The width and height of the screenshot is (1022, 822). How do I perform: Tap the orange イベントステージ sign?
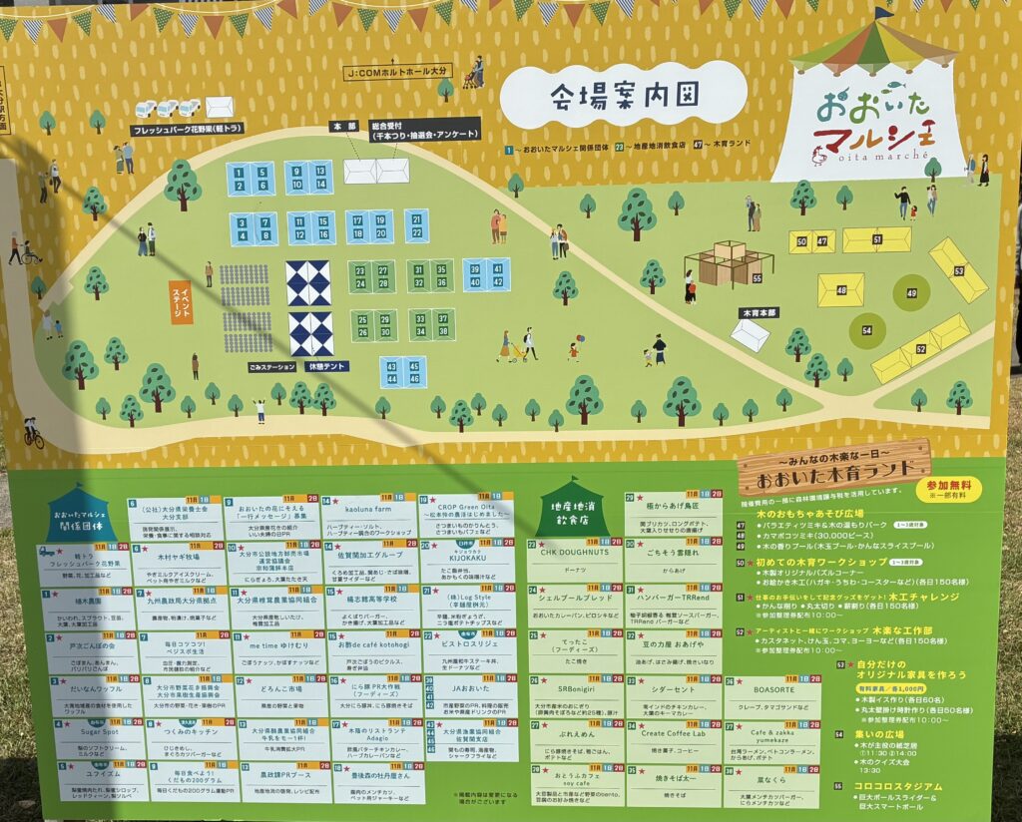pyautogui.click(x=182, y=301)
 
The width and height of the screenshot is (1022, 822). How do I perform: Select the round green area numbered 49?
pyautogui.click(x=911, y=292)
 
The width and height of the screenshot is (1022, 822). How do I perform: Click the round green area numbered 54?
pyautogui.click(x=867, y=328)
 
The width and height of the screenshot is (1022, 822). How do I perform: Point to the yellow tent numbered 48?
pyautogui.click(x=840, y=290)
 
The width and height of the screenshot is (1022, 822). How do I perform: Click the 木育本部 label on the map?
pyautogui.click(x=758, y=312)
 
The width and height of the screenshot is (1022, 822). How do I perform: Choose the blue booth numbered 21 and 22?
pyautogui.click(x=416, y=225)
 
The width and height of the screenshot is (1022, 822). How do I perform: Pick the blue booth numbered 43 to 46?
pyautogui.click(x=402, y=372)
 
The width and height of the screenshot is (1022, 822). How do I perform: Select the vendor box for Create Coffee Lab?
pyautogui.click(x=673, y=740)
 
